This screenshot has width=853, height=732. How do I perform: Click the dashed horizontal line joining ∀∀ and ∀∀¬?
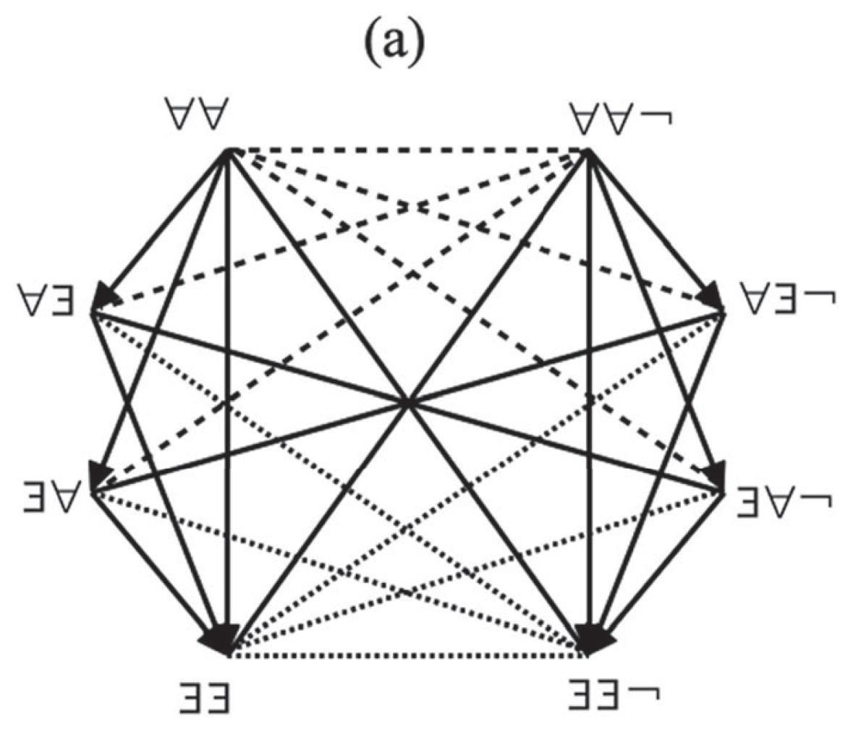click(409, 150)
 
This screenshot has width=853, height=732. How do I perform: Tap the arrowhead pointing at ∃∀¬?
click(716, 474)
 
